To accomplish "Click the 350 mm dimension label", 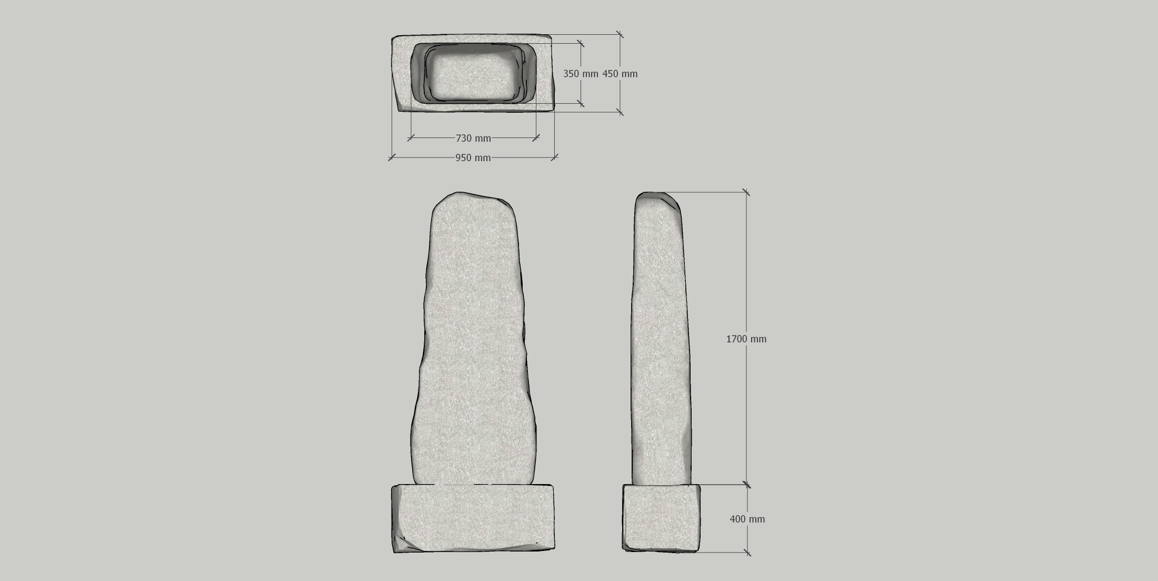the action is [581, 74].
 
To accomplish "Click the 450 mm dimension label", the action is [620, 74].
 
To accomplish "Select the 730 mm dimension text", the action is [473, 138].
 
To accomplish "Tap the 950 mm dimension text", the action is [473, 157].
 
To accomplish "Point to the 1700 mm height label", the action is [746, 339].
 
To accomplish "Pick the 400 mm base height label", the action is [747, 519].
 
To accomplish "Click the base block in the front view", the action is [473, 518].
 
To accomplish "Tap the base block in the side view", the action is [662, 518].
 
